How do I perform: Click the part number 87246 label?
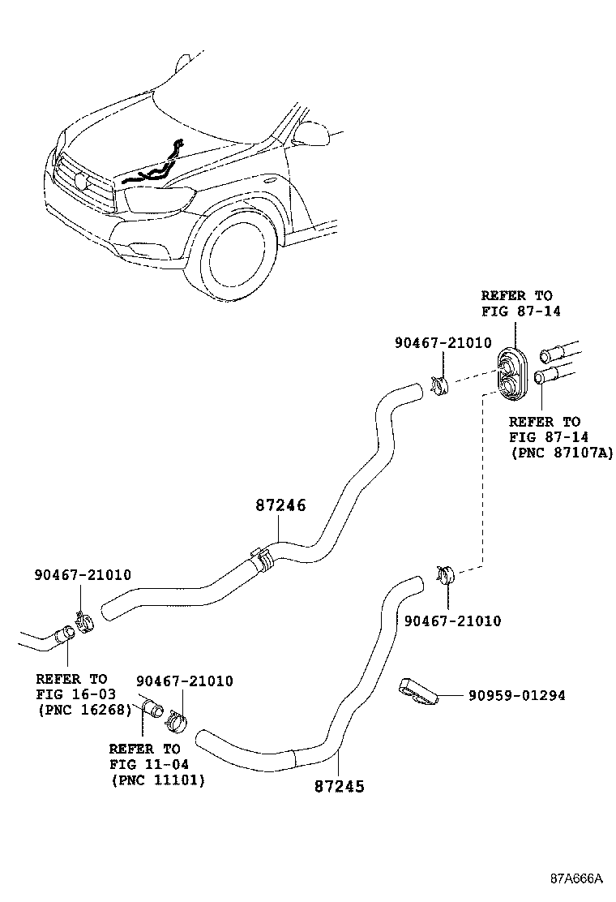pos(281,505)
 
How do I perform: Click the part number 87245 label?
pos(340,786)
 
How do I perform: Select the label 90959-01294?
pos(516,695)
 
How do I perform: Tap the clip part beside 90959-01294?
pos(417,690)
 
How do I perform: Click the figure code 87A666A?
pos(576,878)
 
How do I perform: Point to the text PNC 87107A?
pos(562,452)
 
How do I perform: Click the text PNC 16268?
pos(85,710)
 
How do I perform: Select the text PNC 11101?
pos(157,780)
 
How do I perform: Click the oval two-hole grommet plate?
pos(513,372)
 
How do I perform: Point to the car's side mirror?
pos(311,134)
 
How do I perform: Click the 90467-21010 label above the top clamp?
pos(443,343)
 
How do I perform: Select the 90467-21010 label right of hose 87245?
pos(452,621)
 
